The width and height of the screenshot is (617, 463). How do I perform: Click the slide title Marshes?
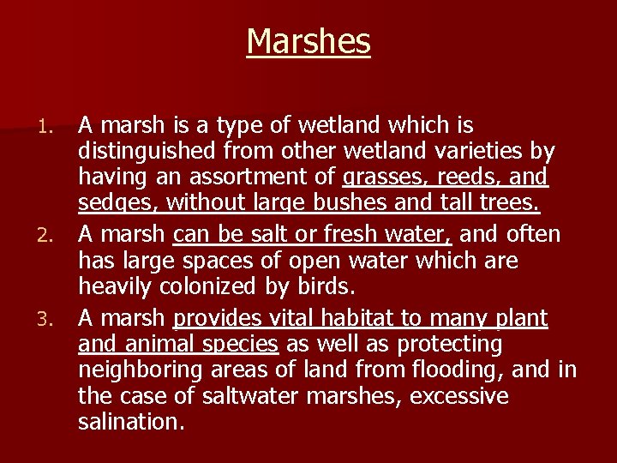click(308, 41)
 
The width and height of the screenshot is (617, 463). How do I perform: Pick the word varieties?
click(476, 152)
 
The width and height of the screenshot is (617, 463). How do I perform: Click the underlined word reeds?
click(473, 178)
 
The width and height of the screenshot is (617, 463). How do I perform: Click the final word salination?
click(130, 424)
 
